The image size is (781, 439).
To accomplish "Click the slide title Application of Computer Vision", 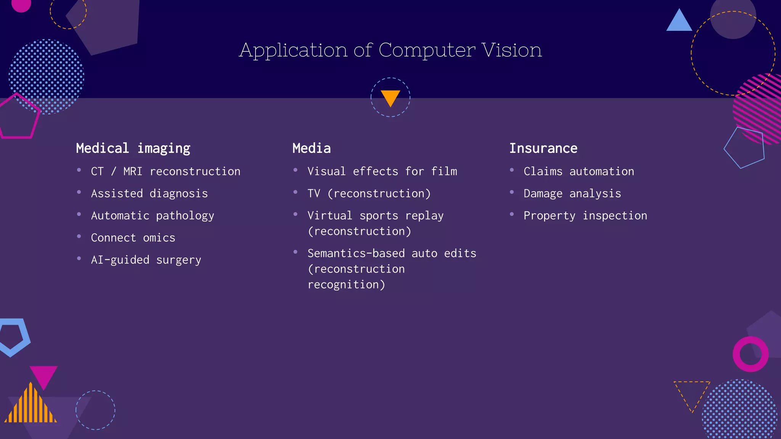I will pos(390,50).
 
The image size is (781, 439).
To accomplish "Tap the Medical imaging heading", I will pos(133,148).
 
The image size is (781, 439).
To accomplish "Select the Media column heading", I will pos(312,148).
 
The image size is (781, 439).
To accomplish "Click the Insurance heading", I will pos(543,148).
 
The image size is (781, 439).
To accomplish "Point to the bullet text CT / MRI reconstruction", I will pos(166,171).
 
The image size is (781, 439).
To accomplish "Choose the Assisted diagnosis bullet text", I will pos(149,194).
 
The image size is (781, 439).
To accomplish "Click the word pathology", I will pos(185,216).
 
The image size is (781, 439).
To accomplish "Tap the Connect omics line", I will pos(133,238).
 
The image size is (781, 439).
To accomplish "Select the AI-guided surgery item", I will pos(146,260).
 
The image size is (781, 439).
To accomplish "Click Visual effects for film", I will pos(382,171).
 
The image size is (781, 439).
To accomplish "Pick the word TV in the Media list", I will pos(314,194).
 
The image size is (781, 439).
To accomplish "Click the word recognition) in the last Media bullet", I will pos(346,285).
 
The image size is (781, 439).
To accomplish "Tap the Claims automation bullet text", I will pos(579,171).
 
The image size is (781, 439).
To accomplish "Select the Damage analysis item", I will pos(572,194).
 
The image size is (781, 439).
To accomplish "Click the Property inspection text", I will pos(585,216).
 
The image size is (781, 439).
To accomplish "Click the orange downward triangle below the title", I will pos(390,97).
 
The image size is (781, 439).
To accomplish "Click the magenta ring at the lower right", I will pos(750,354).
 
